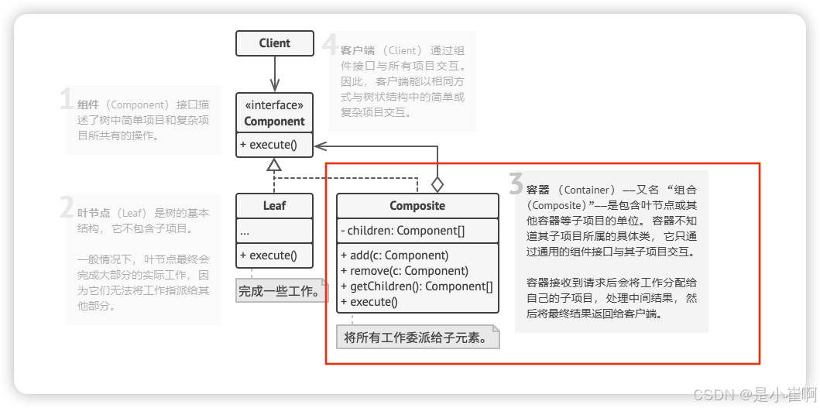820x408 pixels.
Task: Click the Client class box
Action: click(275, 43)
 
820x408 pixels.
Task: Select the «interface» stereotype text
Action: click(274, 106)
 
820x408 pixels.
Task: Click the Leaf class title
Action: click(274, 206)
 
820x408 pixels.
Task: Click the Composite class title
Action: click(417, 206)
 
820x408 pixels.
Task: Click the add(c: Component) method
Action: click(394, 255)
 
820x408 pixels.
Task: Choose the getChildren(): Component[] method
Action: click(417, 286)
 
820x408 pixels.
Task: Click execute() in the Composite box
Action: click(369, 302)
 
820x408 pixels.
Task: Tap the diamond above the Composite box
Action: click(437, 184)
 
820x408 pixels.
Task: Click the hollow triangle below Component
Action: click(273, 164)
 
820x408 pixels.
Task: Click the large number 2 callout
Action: click(67, 207)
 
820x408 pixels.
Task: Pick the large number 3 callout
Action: click(516, 184)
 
